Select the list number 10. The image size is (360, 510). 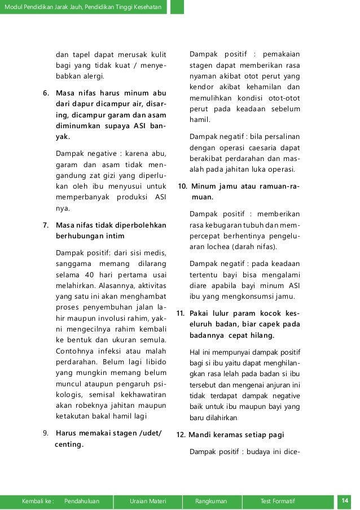[x=183, y=187]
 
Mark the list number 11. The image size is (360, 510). [x=182, y=313]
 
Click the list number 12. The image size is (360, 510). [x=182, y=435]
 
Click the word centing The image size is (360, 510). [x=69, y=444]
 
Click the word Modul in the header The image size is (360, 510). [x=14, y=6]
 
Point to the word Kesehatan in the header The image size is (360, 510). [x=146, y=6]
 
